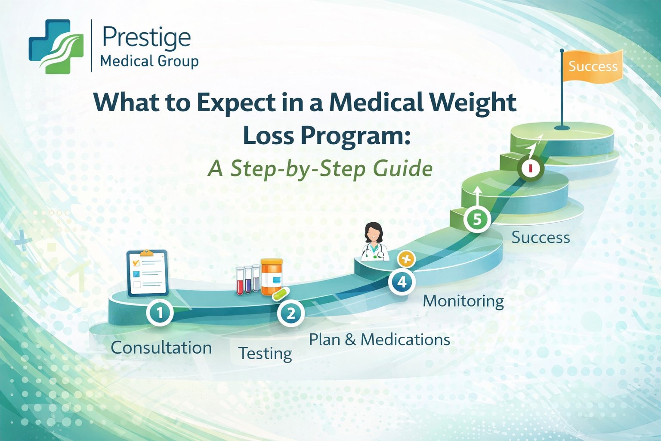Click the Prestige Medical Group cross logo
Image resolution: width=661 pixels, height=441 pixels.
(56, 47)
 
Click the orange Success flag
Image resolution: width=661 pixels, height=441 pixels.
(593, 66)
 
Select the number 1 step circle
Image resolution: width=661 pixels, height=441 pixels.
(160, 312)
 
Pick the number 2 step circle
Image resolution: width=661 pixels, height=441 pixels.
(291, 313)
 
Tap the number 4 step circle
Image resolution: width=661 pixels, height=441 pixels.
(402, 282)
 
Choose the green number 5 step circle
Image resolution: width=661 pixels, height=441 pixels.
(477, 220)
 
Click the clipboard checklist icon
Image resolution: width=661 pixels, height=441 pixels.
(147, 273)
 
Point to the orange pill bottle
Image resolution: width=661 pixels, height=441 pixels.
(272, 276)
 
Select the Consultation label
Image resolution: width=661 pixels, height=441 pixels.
(161, 348)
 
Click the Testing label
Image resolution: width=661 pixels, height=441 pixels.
(265, 353)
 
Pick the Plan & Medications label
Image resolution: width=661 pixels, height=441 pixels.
(379, 339)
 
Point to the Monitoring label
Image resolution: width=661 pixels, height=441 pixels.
(463, 301)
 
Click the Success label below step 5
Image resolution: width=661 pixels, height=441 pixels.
(541, 237)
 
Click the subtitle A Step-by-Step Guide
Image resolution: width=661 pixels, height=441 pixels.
(320, 168)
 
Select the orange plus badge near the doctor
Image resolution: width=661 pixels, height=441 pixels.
(406, 259)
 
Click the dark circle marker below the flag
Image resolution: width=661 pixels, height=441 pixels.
(531, 167)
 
